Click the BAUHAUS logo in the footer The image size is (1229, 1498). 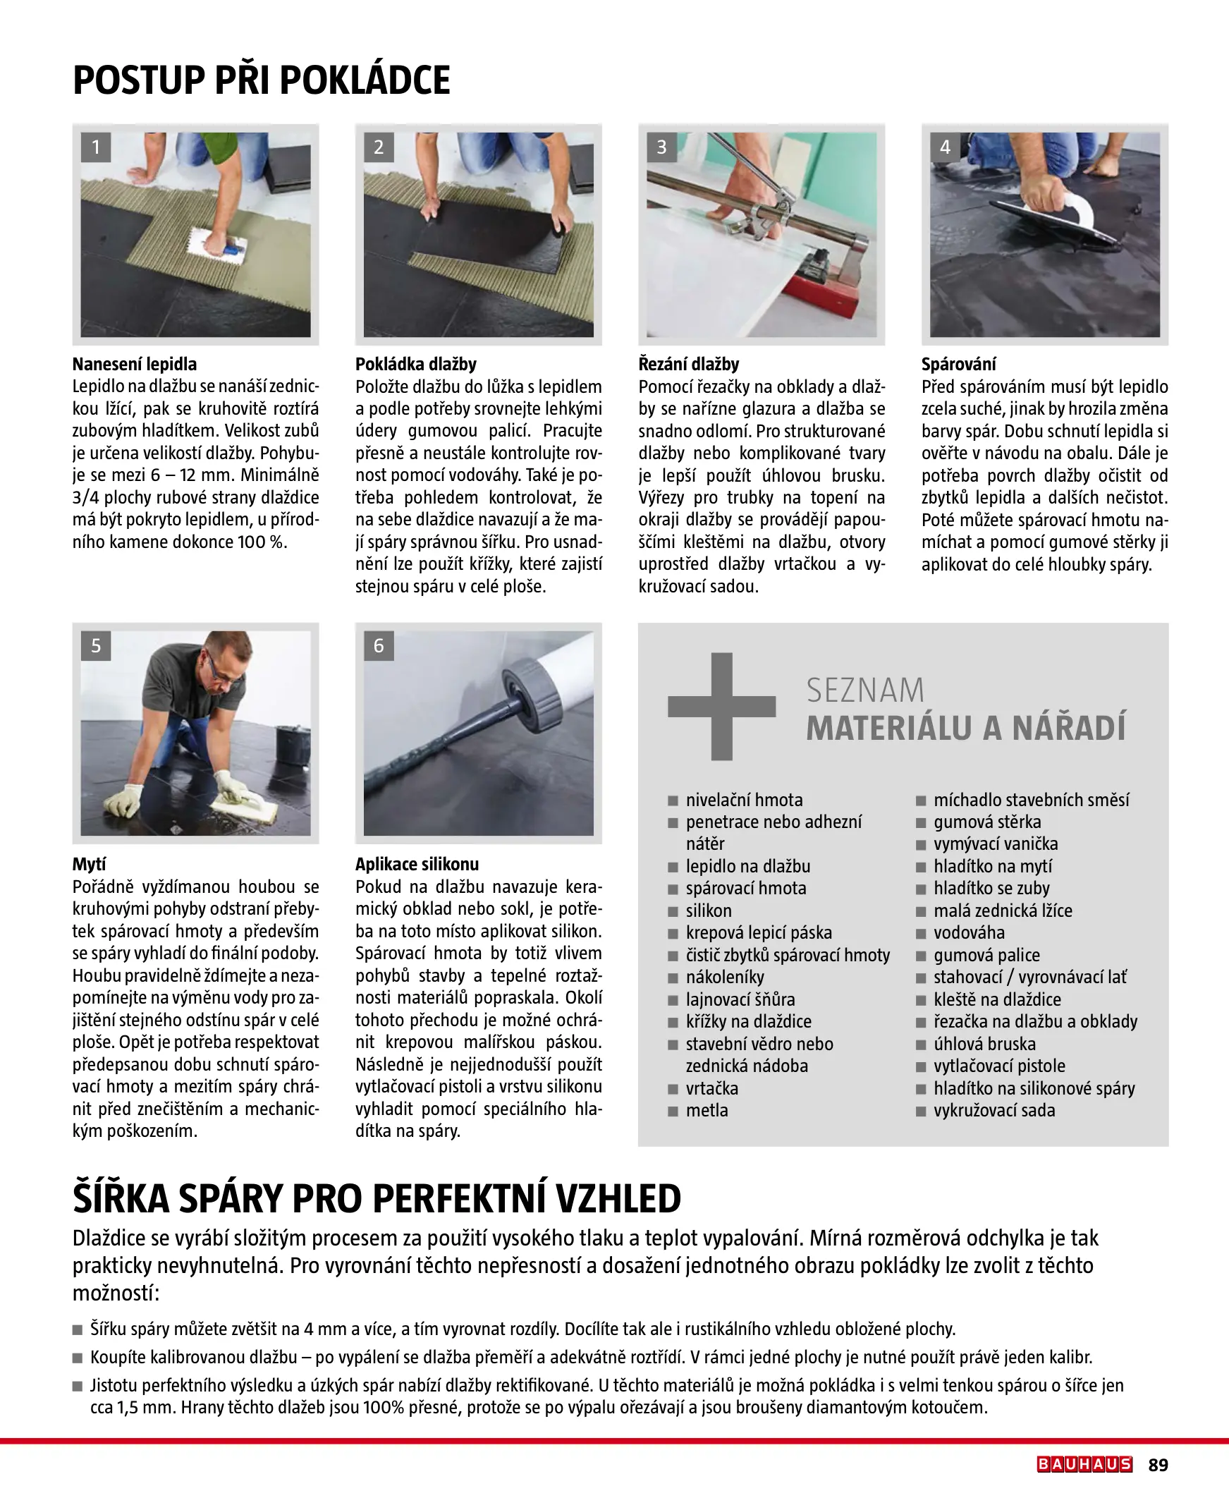pos(1084,1464)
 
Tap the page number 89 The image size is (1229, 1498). pos(1158,1465)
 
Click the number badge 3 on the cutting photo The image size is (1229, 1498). pos(661,147)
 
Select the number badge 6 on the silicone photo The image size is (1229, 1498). pos(379,645)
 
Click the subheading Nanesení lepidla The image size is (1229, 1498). pos(135,364)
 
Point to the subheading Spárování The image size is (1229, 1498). pos(958,364)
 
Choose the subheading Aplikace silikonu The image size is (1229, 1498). pos(417,864)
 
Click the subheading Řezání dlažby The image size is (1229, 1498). pos(688,364)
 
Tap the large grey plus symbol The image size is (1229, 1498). pos(721,706)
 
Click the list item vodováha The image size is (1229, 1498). pos(969,932)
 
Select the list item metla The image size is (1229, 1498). pos(707,1110)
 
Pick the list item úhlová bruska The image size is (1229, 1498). pos(984,1044)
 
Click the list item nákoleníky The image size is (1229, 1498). pos(724,977)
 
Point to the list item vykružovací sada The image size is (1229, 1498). pos(993,1110)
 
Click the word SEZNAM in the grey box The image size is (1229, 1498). pos(865,690)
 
